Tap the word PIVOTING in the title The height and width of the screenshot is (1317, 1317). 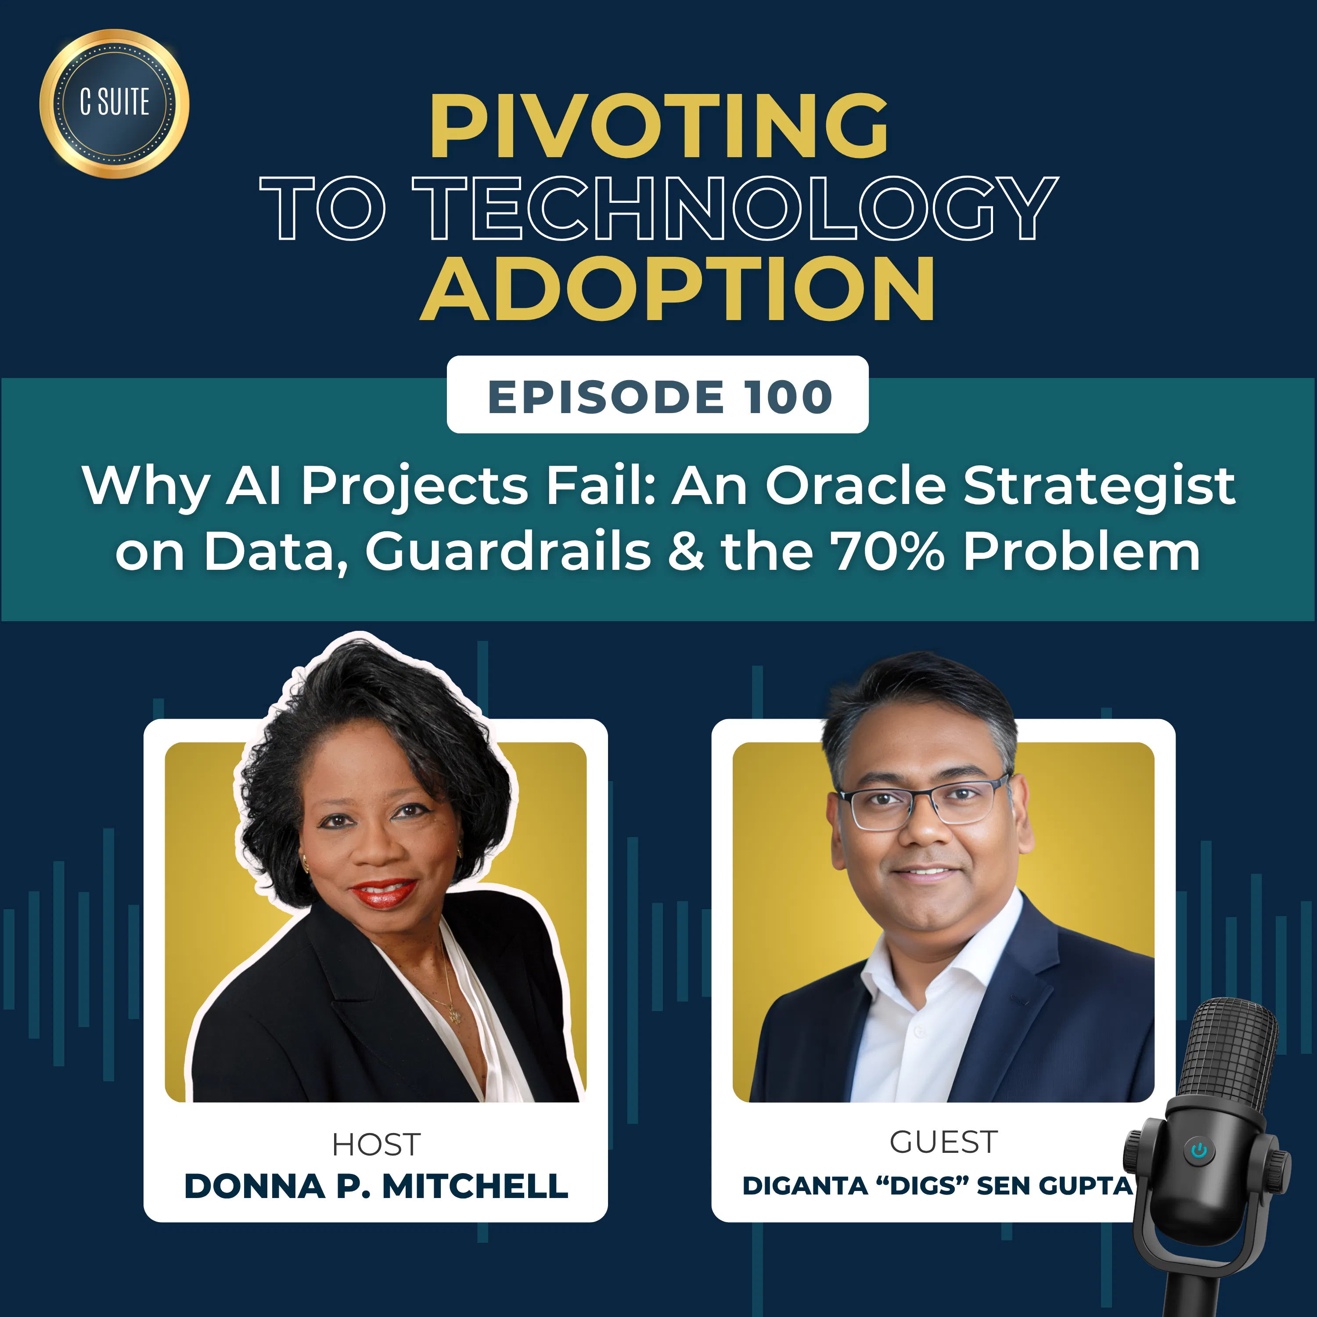coord(658,127)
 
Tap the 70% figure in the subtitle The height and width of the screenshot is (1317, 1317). coord(889,551)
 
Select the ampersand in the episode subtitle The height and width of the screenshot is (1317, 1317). coord(686,551)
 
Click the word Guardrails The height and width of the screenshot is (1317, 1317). coord(508,551)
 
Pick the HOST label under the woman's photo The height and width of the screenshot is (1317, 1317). coord(376,1144)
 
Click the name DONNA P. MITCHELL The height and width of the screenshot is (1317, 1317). coord(376,1186)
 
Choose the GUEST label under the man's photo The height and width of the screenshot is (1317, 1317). coord(943,1142)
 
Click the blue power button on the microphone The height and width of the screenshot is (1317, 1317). coord(1199,1151)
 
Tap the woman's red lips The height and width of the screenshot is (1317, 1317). coord(384,893)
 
